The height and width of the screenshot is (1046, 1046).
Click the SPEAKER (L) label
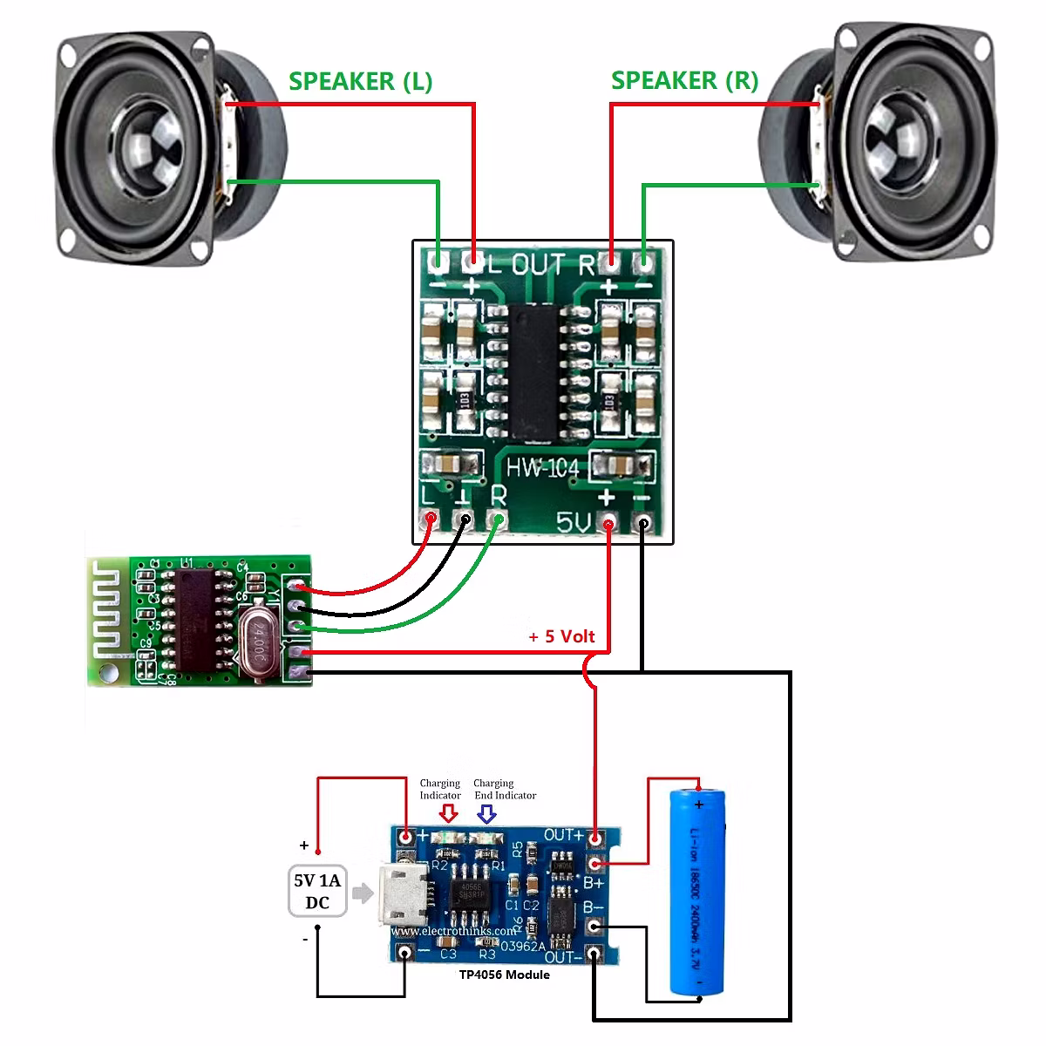360,81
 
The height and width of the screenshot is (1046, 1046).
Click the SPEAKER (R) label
684,80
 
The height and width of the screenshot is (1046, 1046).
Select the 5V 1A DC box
317,891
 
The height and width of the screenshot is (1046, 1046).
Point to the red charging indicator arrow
449,814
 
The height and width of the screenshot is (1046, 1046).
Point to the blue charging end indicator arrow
486,814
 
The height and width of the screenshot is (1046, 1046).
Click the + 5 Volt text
561,636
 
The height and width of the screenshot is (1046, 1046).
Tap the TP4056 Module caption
505,975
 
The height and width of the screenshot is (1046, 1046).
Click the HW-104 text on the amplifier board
542,468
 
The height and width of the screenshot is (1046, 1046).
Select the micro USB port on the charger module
403,893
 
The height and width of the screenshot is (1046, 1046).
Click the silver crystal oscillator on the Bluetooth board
256,643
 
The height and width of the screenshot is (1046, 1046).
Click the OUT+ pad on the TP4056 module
595,839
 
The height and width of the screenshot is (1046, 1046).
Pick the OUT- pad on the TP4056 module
594,954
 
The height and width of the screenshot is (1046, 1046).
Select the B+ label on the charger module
594,883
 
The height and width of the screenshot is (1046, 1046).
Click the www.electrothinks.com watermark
453,930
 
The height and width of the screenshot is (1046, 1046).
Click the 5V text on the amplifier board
574,523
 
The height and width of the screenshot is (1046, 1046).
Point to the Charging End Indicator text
505,789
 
